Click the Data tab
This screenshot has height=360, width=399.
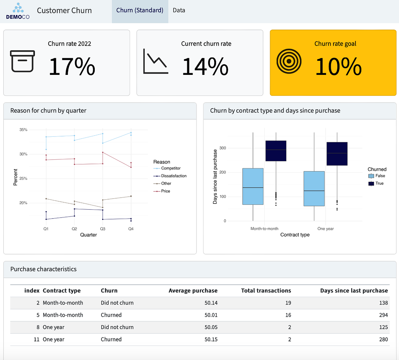tap(179, 10)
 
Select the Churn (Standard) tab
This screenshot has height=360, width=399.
tap(140, 10)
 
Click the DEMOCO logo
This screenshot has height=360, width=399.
tap(18, 11)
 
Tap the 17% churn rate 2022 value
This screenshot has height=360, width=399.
tap(72, 67)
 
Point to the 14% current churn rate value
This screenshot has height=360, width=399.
tap(205, 67)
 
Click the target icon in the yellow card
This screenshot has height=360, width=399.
tap(289, 62)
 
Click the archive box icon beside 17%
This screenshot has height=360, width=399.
tap(22, 61)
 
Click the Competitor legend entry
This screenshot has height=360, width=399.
tap(171, 168)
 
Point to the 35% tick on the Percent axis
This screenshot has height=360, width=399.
tap(23, 130)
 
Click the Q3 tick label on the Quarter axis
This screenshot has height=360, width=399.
tap(103, 229)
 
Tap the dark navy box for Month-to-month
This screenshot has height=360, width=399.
tap(276, 151)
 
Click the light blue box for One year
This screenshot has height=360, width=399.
tap(314, 189)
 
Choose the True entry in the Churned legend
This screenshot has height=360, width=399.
tap(379, 183)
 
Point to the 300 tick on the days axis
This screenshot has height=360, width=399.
tap(222, 148)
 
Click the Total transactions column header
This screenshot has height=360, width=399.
tap(266, 290)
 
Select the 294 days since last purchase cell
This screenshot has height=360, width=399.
tap(383, 315)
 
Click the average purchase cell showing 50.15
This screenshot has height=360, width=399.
tap(211, 339)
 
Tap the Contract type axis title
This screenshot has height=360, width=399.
tap(295, 235)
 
